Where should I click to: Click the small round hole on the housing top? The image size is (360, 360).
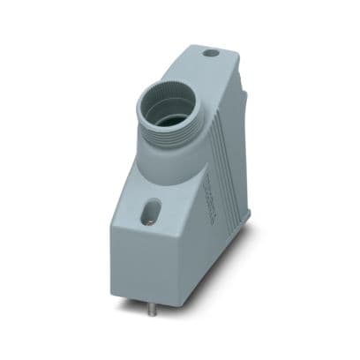point(212,53)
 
